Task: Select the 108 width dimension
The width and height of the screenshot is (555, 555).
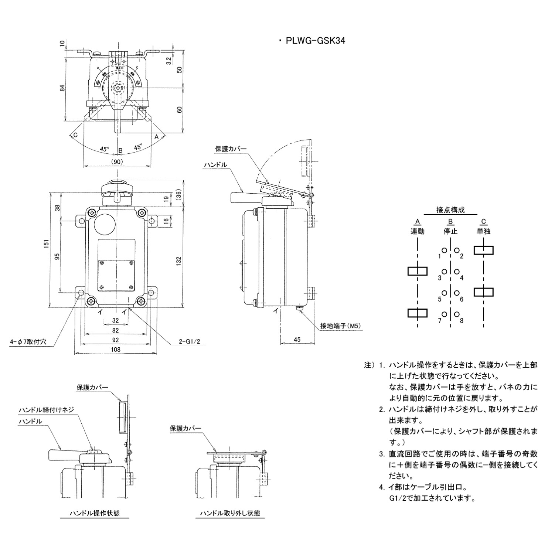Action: (x=116, y=349)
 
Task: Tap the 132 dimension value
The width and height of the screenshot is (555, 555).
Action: (x=179, y=261)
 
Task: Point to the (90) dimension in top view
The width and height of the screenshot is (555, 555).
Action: (x=117, y=161)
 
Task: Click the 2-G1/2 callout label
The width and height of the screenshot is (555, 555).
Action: (x=189, y=341)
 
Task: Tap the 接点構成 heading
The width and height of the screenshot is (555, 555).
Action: (x=450, y=210)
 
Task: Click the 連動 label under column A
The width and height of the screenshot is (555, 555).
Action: (x=417, y=232)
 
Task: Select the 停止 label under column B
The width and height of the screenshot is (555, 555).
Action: (x=450, y=232)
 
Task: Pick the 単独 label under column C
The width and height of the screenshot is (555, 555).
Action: (x=483, y=232)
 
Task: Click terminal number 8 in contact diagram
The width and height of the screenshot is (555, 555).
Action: (x=462, y=321)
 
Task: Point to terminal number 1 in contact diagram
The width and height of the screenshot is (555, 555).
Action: (x=440, y=256)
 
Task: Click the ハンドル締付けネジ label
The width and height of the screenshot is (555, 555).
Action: (x=47, y=410)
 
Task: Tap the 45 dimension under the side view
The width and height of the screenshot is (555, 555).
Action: (x=297, y=340)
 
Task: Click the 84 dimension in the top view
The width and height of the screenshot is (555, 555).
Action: (x=62, y=88)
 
